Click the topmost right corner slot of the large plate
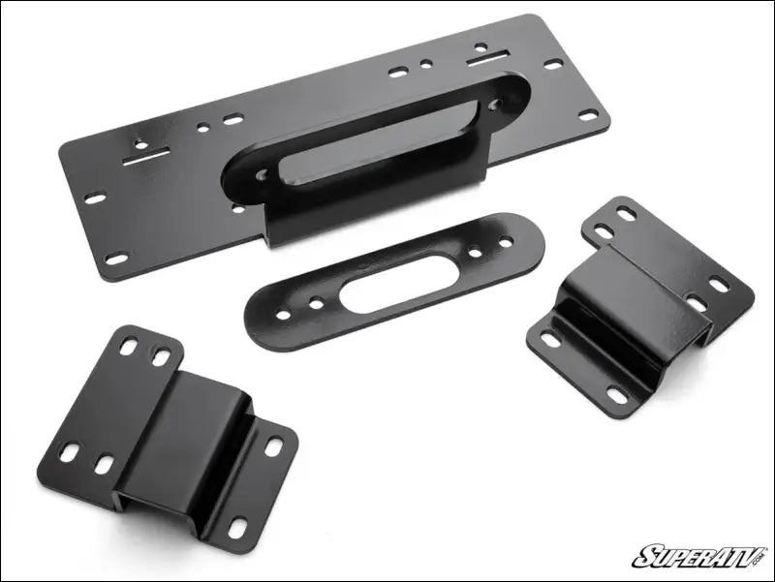(553, 64)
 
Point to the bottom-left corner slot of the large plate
(116, 258)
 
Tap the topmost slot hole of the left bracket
(130, 344)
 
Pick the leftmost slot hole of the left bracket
(70, 451)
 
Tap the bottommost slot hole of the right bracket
(615, 396)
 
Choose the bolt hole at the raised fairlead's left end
(261, 176)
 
